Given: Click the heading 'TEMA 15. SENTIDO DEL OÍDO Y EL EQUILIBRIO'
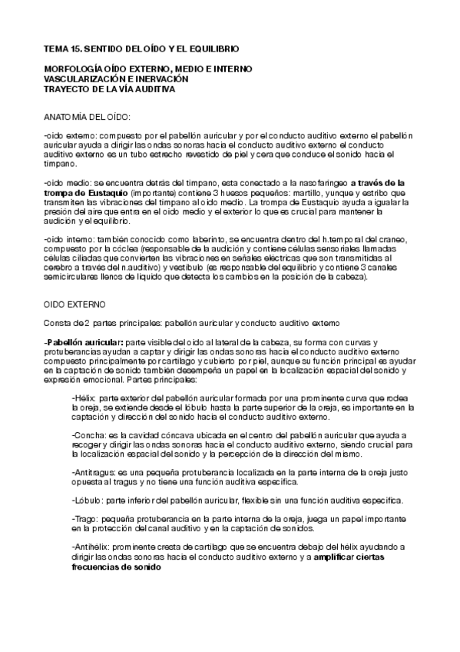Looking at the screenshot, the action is point(142,48).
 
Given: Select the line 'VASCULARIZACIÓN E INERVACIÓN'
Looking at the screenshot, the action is point(116,78).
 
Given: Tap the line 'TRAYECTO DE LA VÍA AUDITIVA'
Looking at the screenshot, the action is point(110,89).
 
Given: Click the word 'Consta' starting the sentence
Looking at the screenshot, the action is point(56,323).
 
